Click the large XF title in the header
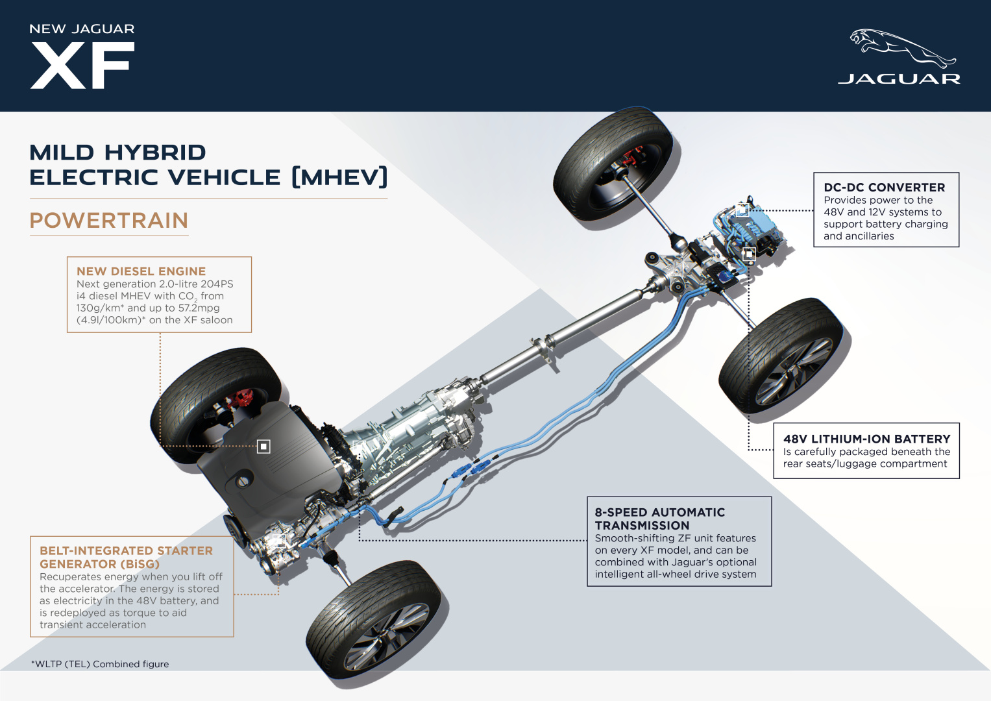(x=82, y=65)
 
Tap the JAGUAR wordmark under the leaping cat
(x=899, y=79)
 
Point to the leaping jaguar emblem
(x=902, y=47)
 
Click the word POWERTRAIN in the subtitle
(x=109, y=221)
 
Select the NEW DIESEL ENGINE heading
(x=141, y=271)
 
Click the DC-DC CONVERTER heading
(x=884, y=188)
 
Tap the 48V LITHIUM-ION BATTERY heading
(x=866, y=439)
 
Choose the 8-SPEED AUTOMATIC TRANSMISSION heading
(x=659, y=519)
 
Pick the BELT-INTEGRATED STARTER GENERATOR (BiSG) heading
(x=126, y=557)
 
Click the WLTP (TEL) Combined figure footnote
(x=100, y=664)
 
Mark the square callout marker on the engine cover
(x=263, y=447)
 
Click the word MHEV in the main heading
(x=339, y=177)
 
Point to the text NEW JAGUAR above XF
(x=82, y=29)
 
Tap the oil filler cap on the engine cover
(x=243, y=482)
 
